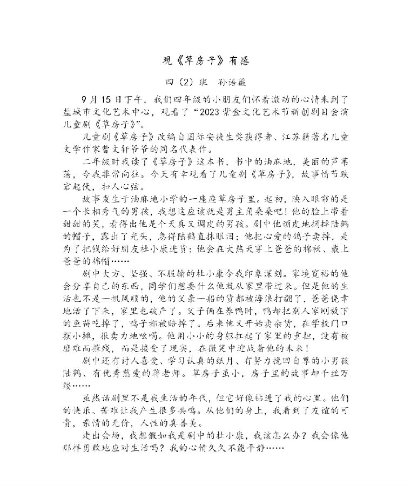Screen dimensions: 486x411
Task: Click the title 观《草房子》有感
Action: click(206, 61)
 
